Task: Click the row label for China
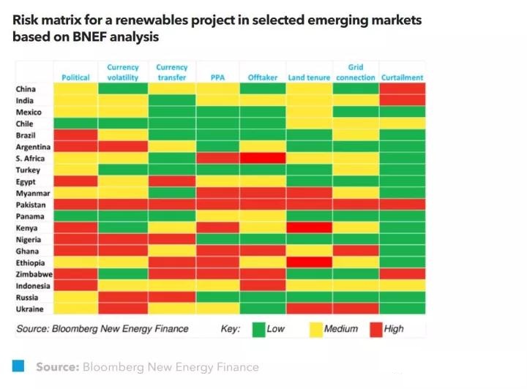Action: pos(26,89)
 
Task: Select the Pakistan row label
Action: pos(31,205)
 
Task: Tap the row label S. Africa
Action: pos(31,158)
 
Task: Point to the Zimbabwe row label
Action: pos(34,274)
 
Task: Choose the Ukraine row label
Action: pos(30,309)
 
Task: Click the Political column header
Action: pos(75,78)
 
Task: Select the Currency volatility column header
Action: pos(122,72)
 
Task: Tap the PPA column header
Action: pos(217,78)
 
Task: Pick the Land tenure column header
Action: pos(309,78)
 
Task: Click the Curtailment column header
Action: pos(402,78)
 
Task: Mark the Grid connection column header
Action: pos(356,72)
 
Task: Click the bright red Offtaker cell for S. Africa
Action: pos(263,159)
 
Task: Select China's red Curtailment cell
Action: pos(402,89)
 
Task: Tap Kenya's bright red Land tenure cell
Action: pos(309,228)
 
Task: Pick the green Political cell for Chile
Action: pos(75,124)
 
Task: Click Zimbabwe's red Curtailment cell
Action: pos(402,274)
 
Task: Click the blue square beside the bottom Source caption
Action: pos(18,366)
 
